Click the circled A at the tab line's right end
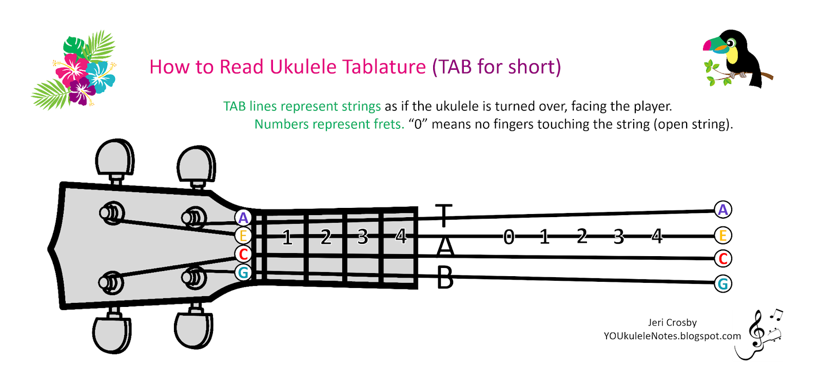(722, 209)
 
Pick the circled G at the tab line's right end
(722, 283)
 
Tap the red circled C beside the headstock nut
(243, 254)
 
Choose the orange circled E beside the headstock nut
(243, 236)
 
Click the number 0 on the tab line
(509, 237)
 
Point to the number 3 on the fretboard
(363, 237)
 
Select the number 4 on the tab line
(657, 237)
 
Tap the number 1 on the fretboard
(287, 237)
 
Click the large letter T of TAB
(444, 215)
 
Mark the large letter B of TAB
(445, 278)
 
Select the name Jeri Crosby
(672, 322)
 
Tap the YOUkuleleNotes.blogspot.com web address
(672, 336)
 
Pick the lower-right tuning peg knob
(193, 329)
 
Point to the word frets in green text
(388, 124)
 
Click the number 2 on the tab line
(581, 237)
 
